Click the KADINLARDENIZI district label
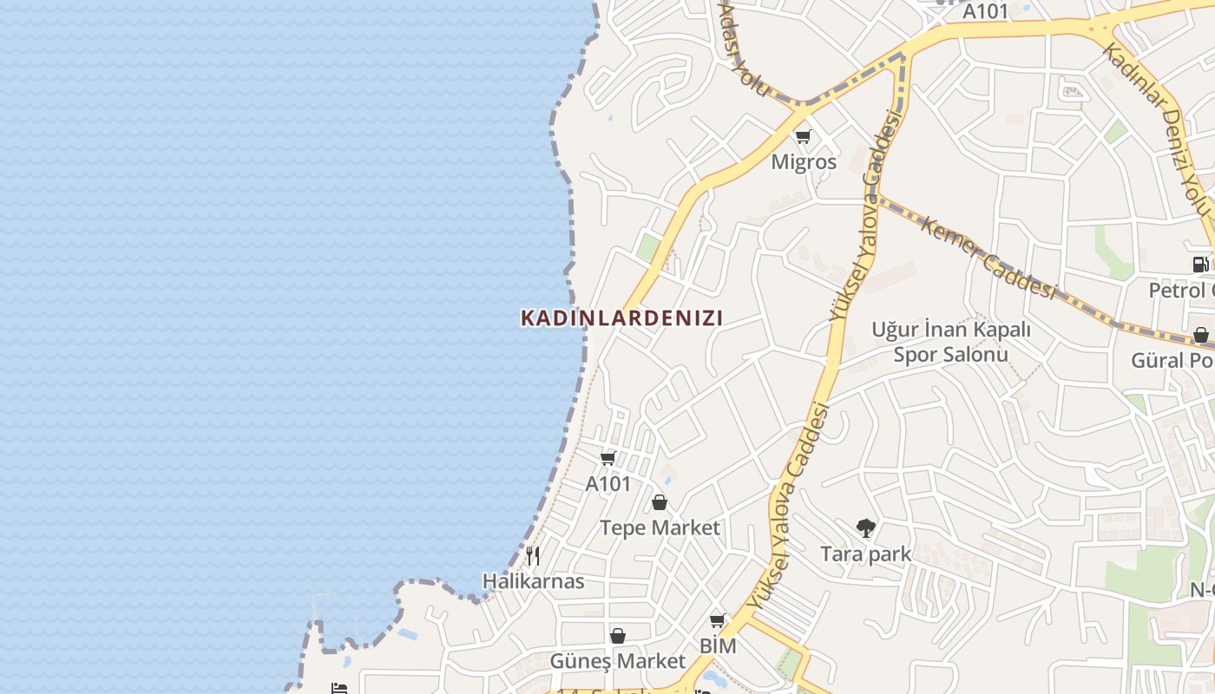click(621, 318)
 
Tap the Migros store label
click(804, 162)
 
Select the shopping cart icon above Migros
click(803, 136)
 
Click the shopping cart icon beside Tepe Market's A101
click(608, 458)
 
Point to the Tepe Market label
click(660, 527)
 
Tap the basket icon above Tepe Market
click(660, 502)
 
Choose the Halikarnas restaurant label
click(534, 580)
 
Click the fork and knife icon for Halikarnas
click(534, 556)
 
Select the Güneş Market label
click(617, 661)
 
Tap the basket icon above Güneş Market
click(617, 636)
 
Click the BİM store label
click(718, 646)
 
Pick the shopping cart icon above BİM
click(717, 621)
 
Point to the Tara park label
click(866, 553)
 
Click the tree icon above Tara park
click(865, 527)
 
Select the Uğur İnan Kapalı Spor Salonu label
click(951, 342)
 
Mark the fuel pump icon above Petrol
click(1200, 265)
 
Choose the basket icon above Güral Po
click(1200, 335)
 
